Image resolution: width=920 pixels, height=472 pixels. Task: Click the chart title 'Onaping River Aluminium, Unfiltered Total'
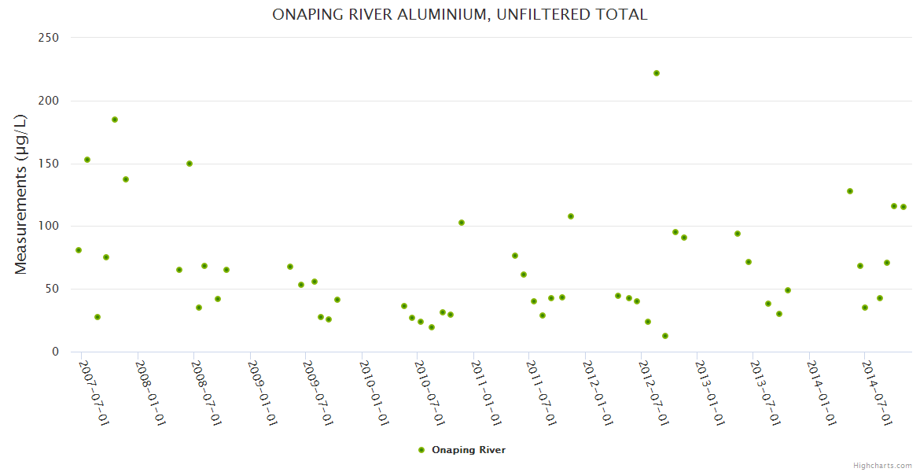(460, 14)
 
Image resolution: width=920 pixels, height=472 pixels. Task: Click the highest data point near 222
(657, 73)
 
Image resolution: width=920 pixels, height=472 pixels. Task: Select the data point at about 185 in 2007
(115, 120)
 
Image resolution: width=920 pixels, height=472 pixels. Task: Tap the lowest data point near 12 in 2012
(665, 336)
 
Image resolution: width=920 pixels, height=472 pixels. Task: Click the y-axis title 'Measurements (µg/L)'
(21, 194)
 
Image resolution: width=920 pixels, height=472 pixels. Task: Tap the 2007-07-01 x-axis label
(93, 393)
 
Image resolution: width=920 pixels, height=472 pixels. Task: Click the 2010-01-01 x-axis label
(373, 393)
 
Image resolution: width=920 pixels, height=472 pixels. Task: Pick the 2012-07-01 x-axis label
(653, 393)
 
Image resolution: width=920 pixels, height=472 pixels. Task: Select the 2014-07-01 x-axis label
(876, 393)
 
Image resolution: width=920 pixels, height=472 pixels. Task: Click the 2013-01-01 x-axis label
(708, 393)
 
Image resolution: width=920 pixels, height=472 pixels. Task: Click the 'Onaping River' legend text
(469, 450)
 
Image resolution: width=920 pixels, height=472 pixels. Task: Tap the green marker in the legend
(421, 450)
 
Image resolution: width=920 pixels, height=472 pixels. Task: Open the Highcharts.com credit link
(882, 465)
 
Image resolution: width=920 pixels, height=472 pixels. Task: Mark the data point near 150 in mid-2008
(190, 164)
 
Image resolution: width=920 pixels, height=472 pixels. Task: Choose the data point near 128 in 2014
(850, 191)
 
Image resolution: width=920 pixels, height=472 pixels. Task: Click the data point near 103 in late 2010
(462, 223)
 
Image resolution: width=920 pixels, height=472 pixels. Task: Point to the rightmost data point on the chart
(903, 207)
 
